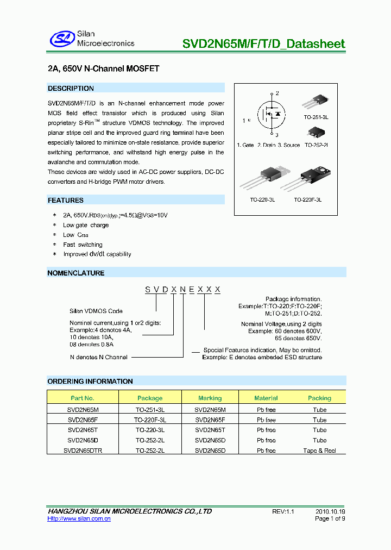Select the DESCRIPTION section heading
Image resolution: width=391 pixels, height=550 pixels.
(x=71, y=88)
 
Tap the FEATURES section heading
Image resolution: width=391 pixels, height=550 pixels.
(x=66, y=200)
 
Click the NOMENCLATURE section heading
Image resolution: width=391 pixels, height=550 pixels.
(x=76, y=273)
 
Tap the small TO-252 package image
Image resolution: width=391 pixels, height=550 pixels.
(x=315, y=132)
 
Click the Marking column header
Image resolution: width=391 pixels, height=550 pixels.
(x=210, y=398)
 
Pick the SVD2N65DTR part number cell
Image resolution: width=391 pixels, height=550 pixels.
(x=83, y=451)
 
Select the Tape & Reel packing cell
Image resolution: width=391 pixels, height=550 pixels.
(x=319, y=451)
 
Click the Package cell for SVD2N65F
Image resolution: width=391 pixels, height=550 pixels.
(x=150, y=420)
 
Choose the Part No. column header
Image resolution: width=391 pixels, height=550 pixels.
(x=83, y=398)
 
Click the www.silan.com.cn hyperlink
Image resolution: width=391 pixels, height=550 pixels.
(x=79, y=519)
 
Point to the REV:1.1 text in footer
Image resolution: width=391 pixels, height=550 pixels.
(x=283, y=511)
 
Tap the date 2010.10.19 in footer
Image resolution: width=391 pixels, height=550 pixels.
(x=330, y=511)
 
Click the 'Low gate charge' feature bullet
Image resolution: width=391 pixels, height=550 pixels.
(x=86, y=225)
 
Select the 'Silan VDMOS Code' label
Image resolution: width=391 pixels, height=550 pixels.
(x=96, y=311)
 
